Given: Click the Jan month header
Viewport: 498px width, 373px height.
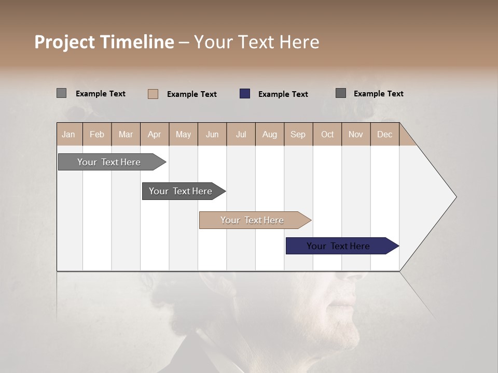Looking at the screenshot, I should tap(68, 134).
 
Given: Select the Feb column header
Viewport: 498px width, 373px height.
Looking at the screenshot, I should tap(97, 134).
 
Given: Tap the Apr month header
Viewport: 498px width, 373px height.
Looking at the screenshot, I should tap(154, 134).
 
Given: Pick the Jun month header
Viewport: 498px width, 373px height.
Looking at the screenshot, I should tap(212, 134).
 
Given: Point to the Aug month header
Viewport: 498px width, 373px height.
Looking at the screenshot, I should tap(269, 134).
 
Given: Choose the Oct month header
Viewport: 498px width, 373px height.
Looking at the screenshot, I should tap(327, 134).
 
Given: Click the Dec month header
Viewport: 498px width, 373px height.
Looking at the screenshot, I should tap(384, 134).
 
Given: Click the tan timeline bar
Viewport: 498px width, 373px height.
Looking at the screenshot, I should tap(253, 220).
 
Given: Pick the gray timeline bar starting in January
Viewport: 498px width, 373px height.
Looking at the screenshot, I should tap(109, 162).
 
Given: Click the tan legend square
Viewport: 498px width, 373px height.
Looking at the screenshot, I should tap(153, 94).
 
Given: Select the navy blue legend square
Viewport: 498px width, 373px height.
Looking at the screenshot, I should tap(245, 94).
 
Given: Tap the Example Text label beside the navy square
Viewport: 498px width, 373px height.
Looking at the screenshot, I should tap(283, 94).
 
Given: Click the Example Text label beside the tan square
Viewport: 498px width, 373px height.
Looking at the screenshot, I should tap(191, 94).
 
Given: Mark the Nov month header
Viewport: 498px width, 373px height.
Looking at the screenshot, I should tap(355, 134).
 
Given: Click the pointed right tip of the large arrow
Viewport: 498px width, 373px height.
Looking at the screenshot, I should tap(455, 197).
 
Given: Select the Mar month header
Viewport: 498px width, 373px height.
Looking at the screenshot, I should tap(126, 134).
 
